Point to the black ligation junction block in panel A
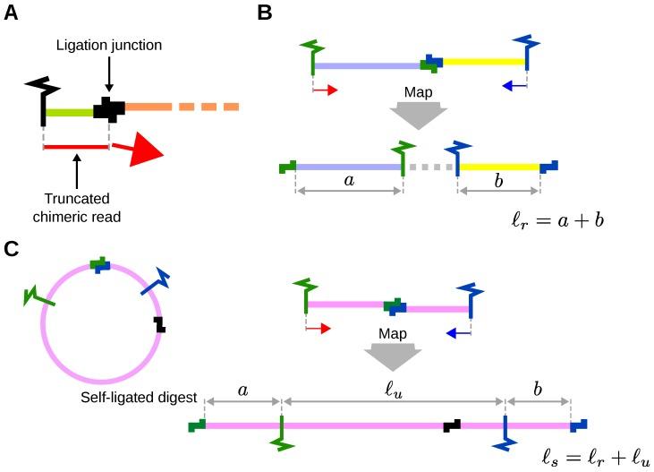[x=109, y=108]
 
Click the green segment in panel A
[x=70, y=112]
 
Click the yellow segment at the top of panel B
[x=483, y=62]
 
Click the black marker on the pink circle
[x=159, y=323]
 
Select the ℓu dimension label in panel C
[x=392, y=391]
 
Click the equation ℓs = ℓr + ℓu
[x=596, y=455]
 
